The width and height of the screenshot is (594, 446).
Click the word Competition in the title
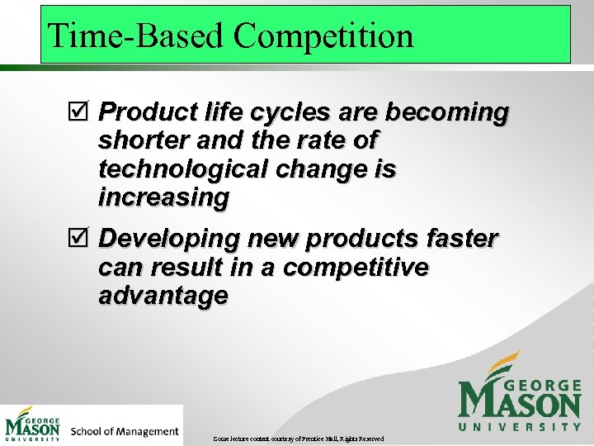323,36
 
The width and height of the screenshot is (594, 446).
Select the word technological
178,168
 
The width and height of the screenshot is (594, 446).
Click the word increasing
163,197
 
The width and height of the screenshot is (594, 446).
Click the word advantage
163,296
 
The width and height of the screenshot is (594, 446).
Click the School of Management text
125,431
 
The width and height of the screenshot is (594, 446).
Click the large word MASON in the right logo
520,400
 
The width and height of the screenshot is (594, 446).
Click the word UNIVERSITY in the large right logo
520,426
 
